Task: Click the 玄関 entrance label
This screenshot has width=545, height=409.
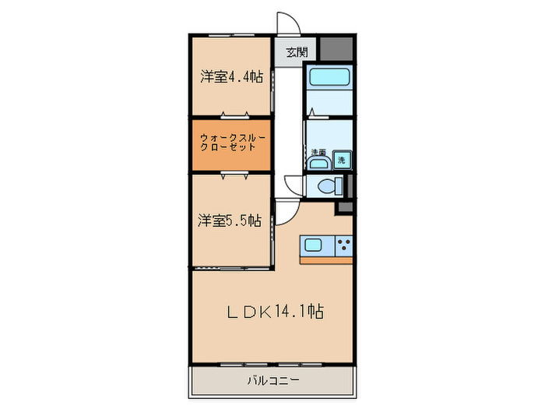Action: (296, 53)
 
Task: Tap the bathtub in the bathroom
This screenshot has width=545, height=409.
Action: (329, 77)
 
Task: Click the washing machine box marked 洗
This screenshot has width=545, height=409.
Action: (342, 160)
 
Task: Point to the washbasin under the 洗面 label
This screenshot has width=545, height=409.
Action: (317, 163)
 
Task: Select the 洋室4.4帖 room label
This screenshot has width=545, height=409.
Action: (230, 77)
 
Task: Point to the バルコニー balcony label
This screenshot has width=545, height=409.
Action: (272, 381)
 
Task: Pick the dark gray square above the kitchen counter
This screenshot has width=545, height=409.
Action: (343, 208)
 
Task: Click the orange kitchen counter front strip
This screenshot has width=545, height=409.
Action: (325, 259)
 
